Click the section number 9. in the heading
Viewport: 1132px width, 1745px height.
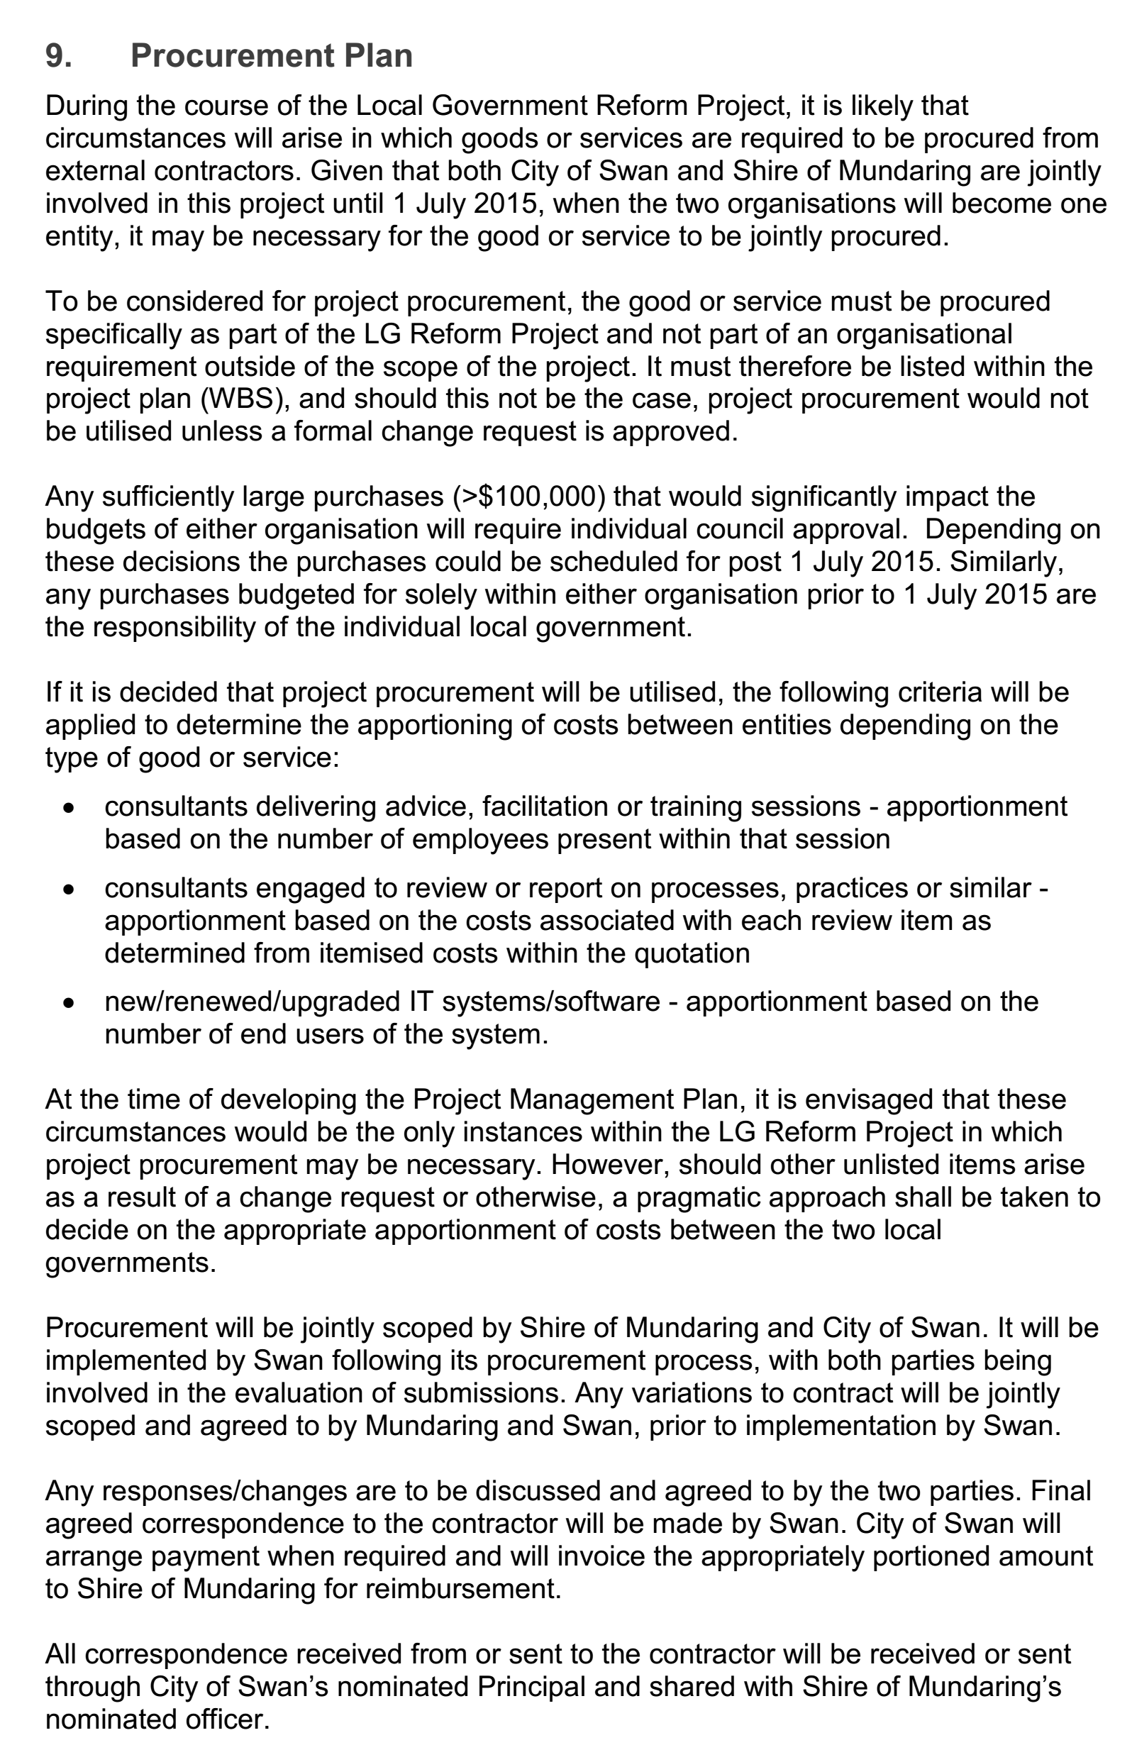(x=59, y=56)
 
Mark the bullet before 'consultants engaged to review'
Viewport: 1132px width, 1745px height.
(x=69, y=890)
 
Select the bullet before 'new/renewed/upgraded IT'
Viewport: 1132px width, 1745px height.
(x=69, y=1004)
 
